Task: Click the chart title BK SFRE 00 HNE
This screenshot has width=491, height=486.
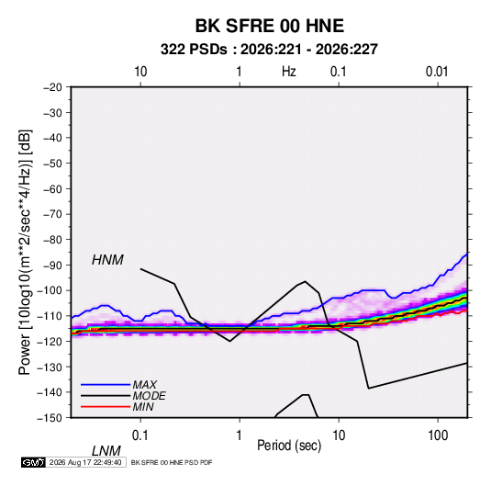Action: point(270,26)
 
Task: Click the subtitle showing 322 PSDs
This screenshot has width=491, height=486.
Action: point(269,50)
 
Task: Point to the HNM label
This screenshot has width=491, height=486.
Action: point(107,260)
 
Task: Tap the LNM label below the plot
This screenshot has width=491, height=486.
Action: point(106,451)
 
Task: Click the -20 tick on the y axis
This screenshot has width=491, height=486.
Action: point(52,87)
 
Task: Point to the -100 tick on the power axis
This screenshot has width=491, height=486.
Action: point(50,290)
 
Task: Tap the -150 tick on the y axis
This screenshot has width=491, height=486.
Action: point(50,418)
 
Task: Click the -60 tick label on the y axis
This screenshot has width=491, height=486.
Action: point(52,188)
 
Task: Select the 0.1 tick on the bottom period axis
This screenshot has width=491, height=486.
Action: point(139,435)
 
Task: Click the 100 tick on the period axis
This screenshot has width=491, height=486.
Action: point(438,435)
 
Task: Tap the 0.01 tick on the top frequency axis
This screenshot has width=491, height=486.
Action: point(437,72)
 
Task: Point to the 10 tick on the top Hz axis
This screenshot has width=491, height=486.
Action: point(140,72)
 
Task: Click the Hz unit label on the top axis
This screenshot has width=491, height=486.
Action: point(289,72)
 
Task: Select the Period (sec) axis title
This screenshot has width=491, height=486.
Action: point(289,446)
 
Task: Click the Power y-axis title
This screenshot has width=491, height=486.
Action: point(25,253)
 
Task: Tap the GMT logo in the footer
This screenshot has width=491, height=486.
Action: point(33,462)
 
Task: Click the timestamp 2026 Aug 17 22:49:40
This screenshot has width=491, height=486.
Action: point(85,462)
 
